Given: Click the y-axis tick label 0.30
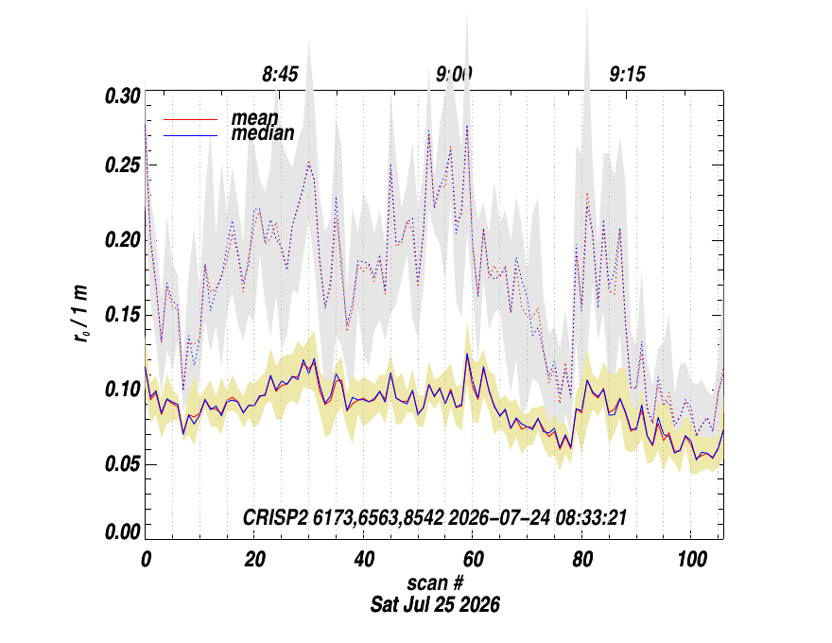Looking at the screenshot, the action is pyautogui.click(x=123, y=96).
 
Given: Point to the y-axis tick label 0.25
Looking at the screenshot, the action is pyautogui.click(x=123, y=165).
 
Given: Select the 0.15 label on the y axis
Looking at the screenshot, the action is pyautogui.click(x=123, y=315).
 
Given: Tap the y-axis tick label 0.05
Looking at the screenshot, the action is pyautogui.click(x=123, y=464).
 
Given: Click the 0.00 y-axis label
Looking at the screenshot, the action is pyautogui.click(x=123, y=531).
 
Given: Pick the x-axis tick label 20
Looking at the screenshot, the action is pyautogui.click(x=254, y=559).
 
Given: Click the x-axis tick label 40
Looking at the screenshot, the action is pyautogui.click(x=364, y=559).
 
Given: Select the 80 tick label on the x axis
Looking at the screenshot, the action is pyautogui.click(x=582, y=559).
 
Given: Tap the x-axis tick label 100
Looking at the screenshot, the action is pyautogui.click(x=692, y=559).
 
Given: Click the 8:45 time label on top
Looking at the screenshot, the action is pyautogui.click(x=280, y=75).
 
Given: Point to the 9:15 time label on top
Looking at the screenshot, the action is pyautogui.click(x=627, y=75).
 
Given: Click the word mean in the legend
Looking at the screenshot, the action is pyautogui.click(x=254, y=118).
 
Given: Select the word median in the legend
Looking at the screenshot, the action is pyautogui.click(x=263, y=133).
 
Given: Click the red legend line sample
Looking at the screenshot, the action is pyautogui.click(x=190, y=120).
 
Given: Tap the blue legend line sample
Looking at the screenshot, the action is pyautogui.click(x=190, y=136).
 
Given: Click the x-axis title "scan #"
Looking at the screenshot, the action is pyautogui.click(x=435, y=583).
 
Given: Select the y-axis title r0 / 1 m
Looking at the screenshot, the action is pyautogui.click(x=80, y=314).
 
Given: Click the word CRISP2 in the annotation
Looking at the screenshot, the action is pyautogui.click(x=275, y=517).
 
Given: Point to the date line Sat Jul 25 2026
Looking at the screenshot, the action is pyautogui.click(x=435, y=604).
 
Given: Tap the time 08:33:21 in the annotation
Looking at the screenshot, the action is pyautogui.click(x=591, y=517).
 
